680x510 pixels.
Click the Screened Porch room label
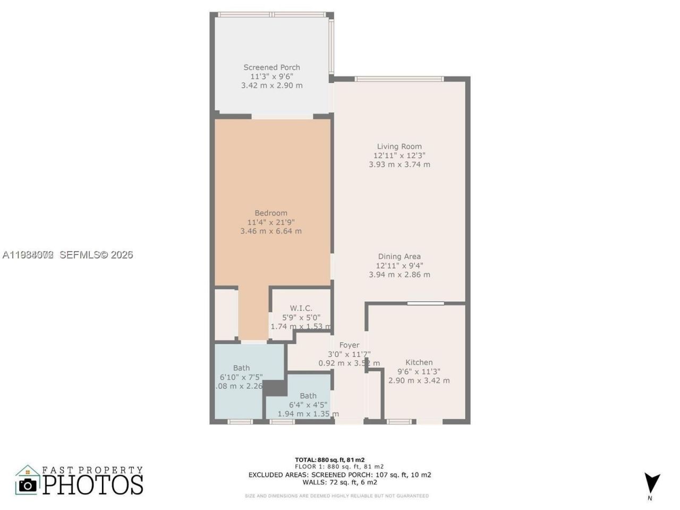click(x=271, y=67)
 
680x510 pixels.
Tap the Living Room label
click(x=399, y=147)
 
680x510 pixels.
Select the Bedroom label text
click(x=270, y=213)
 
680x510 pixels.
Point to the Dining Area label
click(x=399, y=257)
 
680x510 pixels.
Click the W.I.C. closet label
click(x=301, y=308)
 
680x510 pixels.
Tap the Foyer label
click(x=349, y=345)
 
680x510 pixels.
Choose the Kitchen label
click(x=419, y=362)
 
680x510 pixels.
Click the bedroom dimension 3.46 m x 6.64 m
click(x=270, y=231)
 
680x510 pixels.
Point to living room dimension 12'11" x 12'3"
click(x=399, y=156)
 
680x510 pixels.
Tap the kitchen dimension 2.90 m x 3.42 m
click(x=419, y=380)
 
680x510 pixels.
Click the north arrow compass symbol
click(x=651, y=483)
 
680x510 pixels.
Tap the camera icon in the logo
click(x=28, y=484)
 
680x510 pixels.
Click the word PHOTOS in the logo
click(x=93, y=484)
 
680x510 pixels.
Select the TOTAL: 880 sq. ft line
click(x=329, y=460)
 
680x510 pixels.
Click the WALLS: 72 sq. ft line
click(x=339, y=482)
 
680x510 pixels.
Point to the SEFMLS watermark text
click(x=96, y=255)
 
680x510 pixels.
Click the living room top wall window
click(x=398, y=79)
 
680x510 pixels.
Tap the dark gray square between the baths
click(x=275, y=388)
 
